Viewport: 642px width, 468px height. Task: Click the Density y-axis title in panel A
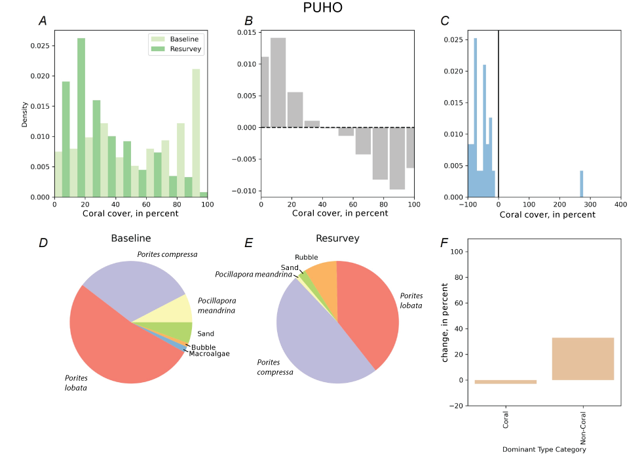pos(25,113)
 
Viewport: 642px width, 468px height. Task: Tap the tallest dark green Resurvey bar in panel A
pos(81,118)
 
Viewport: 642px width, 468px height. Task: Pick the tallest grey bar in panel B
pos(278,83)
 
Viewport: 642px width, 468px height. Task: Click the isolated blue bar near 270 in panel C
pos(581,184)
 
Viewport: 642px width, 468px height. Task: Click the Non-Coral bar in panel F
pos(582,359)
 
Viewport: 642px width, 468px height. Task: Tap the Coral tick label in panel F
pos(506,420)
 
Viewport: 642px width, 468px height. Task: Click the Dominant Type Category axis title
pos(544,450)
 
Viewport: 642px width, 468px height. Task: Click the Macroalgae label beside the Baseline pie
pos(209,354)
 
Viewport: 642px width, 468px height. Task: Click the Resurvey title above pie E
pos(337,239)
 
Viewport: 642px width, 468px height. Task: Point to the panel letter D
pos(43,243)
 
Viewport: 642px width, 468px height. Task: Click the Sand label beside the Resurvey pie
pos(290,267)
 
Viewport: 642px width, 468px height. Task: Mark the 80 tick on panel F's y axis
pos(457,277)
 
